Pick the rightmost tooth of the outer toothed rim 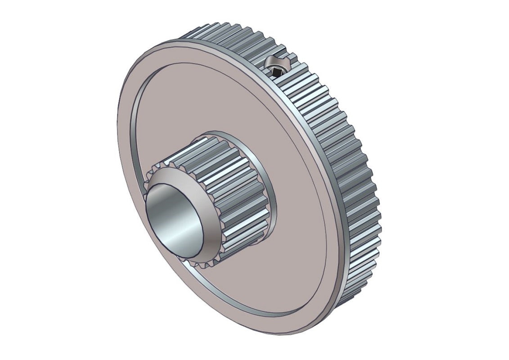pos(377,216)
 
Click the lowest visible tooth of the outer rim pos(344,301)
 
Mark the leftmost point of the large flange pos(117,135)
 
